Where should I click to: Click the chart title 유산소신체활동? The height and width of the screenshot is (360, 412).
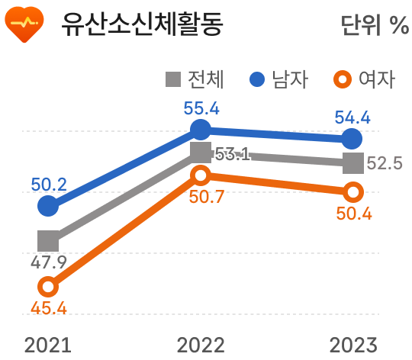click(x=143, y=25)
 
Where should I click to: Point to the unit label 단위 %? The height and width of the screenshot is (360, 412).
click(x=375, y=26)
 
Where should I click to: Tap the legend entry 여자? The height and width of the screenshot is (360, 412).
click(x=365, y=79)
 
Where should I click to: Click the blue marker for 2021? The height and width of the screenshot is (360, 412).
click(x=47, y=205)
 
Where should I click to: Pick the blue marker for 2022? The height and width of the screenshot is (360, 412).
click(x=200, y=128)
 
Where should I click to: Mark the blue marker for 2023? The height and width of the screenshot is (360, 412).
click(x=352, y=139)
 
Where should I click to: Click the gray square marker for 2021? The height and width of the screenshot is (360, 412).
click(x=47, y=241)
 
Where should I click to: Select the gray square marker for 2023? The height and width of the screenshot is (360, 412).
click(x=352, y=162)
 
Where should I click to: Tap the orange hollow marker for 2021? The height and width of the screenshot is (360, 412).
click(x=47, y=287)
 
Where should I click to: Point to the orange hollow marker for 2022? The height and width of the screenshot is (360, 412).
click(x=200, y=176)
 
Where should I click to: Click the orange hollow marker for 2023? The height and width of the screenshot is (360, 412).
click(x=352, y=191)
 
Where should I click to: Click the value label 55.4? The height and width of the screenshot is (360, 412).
click(x=201, y=108)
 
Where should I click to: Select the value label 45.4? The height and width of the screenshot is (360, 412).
click(x=49, y=309)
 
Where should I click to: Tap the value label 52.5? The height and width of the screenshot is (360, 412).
click(x=385, y=163)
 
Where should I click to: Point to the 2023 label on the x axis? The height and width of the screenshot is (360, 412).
click(x=352, y=345)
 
